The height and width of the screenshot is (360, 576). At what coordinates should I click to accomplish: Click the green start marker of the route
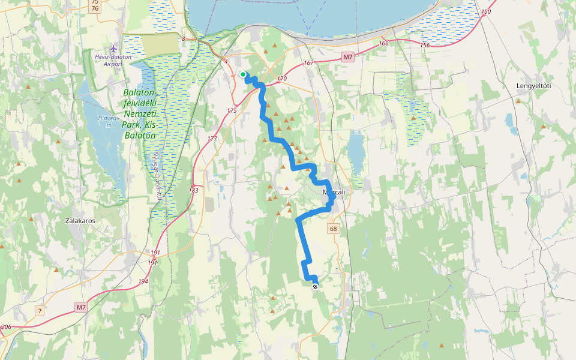(243, 74)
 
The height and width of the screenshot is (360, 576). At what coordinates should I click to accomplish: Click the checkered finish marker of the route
(315, 287)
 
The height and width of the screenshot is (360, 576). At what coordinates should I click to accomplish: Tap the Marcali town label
(334, 192)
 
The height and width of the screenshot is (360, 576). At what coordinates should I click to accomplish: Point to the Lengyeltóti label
(533, 86)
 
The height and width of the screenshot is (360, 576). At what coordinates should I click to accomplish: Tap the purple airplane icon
(113, 47)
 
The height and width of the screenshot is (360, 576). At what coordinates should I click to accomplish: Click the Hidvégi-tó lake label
(108, 121)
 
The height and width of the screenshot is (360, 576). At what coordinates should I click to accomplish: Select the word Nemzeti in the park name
(139, 114)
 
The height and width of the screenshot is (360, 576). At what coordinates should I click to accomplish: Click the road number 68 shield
(333, 229)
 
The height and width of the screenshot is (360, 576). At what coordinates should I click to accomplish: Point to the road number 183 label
(193, 190)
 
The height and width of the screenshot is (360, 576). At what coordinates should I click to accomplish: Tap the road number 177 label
(212, 139)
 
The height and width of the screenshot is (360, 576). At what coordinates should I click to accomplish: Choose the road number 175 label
(232, 110)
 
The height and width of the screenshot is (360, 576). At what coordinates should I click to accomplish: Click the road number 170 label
(282, 79)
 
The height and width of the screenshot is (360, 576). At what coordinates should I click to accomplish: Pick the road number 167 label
(309, 63)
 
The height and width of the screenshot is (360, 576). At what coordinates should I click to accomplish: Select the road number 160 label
(384, 43)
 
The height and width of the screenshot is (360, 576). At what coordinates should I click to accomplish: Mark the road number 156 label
(425, 46)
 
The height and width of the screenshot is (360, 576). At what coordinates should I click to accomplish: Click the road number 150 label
(486, 12)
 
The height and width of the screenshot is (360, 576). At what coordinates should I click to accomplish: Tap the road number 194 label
(143, 281)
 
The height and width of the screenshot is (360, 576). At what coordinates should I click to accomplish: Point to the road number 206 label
(6, 327)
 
